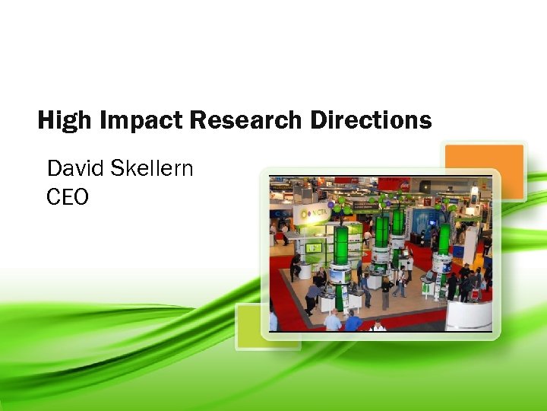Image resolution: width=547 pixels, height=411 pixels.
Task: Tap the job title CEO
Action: [x=67, y=198]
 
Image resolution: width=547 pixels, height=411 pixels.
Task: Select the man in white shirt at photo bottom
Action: [x=378, y=326]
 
